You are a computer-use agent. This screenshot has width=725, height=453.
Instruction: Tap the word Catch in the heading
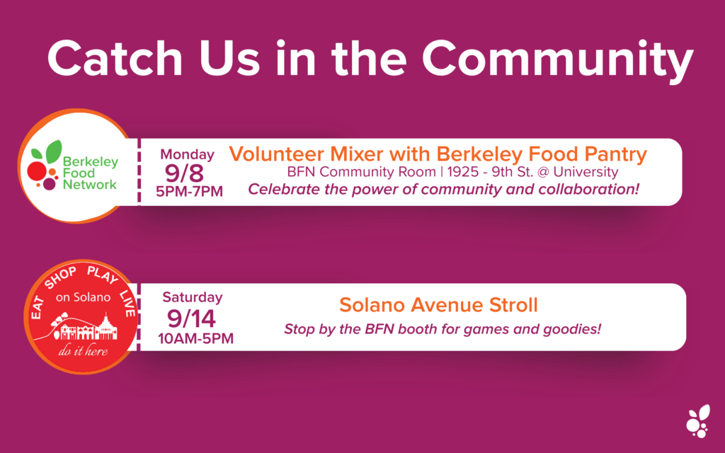tap(115, 58)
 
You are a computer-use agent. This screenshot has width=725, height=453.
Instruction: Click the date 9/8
tap(184, 173)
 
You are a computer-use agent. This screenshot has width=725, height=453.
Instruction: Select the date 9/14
tap(191, 319)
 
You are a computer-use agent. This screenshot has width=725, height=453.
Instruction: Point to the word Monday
tap(187, 154)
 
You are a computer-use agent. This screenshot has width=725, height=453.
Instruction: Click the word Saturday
tap(193, 297)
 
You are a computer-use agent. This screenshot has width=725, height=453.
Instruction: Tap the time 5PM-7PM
tap(190, 191)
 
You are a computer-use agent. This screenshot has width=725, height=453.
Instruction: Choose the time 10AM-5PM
tap(195, 339)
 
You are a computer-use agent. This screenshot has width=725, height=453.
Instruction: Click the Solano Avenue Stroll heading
tap(438, 305)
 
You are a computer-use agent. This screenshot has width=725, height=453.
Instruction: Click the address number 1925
tap(463, 172)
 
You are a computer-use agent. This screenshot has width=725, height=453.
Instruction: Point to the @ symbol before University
tap(543, 172)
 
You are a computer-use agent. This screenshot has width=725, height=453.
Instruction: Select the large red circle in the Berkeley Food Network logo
tap(37, 171)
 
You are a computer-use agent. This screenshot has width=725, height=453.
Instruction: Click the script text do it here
tap(84, 351)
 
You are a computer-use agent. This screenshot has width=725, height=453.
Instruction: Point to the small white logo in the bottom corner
tap(698, 420)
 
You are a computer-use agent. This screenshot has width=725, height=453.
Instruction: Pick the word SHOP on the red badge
tap(60, 277)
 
